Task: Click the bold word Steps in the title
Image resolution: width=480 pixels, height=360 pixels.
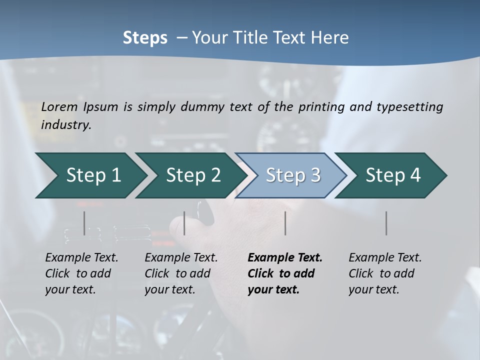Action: [x=145, y=38]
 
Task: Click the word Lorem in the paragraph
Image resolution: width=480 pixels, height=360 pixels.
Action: [x=59, y=107]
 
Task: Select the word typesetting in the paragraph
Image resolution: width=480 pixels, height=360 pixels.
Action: [x=409, y=107]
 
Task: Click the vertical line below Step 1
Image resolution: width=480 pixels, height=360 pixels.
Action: [x=84, y=223]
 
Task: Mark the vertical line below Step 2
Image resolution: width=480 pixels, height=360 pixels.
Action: [x=184, y=223]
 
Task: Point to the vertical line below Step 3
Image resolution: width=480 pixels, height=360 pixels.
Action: [x=285, y=223]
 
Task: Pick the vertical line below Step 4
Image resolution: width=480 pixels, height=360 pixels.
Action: [x=386, y=223]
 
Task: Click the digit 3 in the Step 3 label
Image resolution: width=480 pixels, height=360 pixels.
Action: [x=315, y=175]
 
